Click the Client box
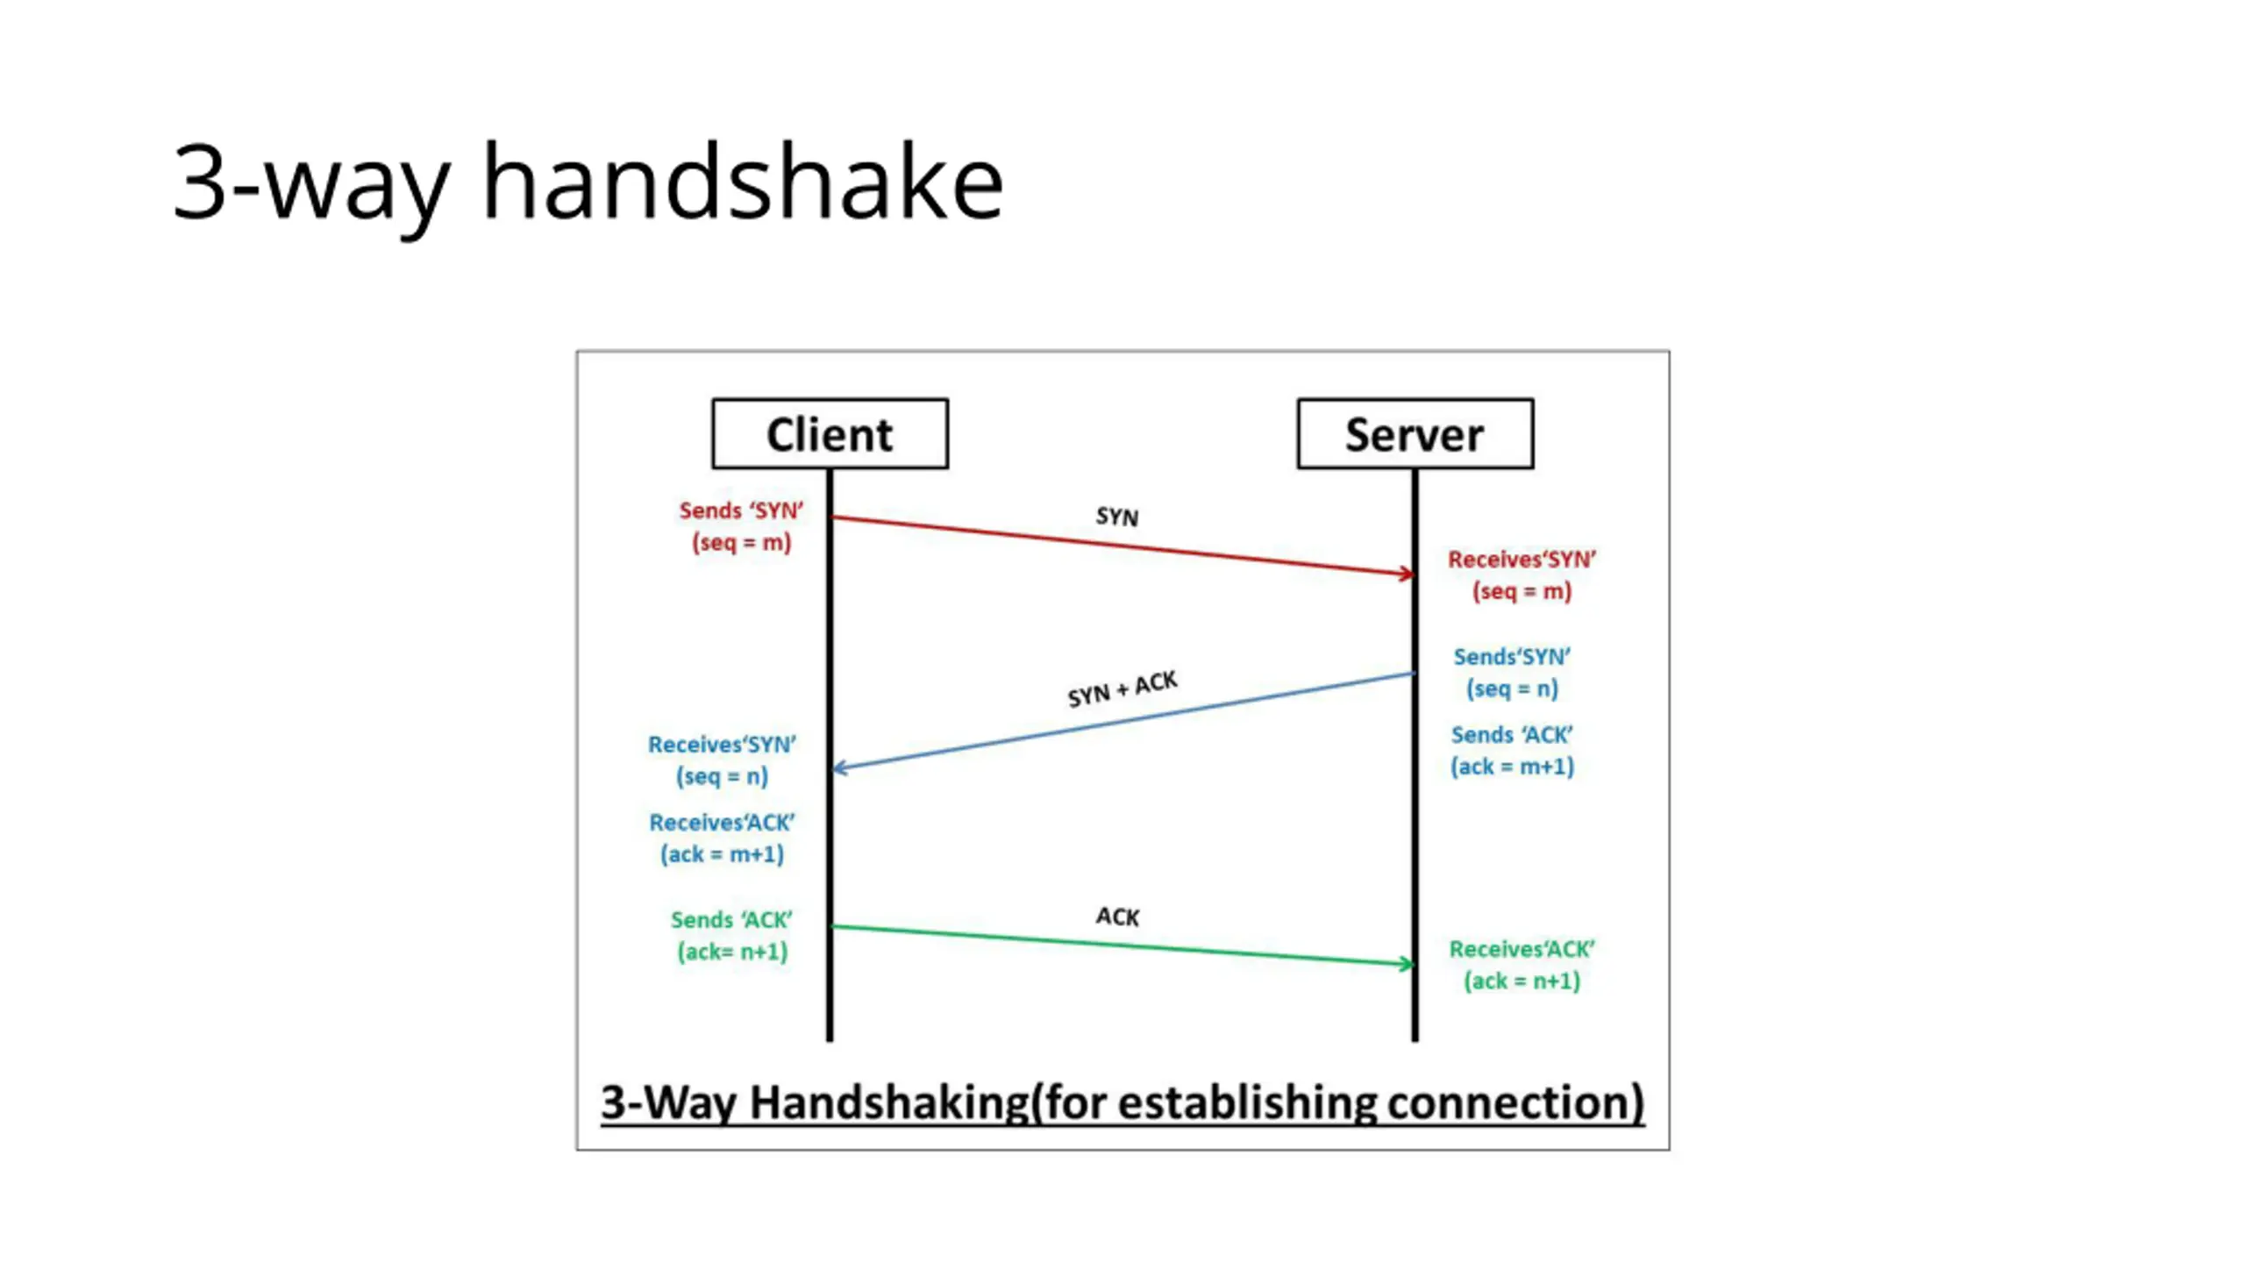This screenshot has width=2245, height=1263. [x=830, y=434]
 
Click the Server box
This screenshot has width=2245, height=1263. [x=1415, y=434]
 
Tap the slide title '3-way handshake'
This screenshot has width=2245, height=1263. [x=588, y=182]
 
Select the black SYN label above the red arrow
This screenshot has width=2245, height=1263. [x=1116, y=517]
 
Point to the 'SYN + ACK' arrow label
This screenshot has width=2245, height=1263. [x=1122, y=689]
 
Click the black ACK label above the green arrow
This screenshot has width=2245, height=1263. [x=1117, y=917]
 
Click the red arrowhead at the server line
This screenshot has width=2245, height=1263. [x=1407, y=574]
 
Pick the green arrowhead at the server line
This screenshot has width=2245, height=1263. [x=1407, y=964]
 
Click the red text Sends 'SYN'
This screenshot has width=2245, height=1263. [x=741, y=510]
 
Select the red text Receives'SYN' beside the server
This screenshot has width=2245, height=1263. [x=1522, y=560]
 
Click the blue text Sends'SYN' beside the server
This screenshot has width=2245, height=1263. [x=1512, y=657]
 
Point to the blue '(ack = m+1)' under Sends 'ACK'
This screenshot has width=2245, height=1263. [x=1512, y=767]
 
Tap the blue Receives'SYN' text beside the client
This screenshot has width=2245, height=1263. [x=722, y=745]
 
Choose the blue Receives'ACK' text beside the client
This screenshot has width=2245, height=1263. [x=722, y=823]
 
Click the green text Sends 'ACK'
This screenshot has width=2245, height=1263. [x=731, y=920]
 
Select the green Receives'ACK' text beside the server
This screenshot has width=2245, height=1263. [x=1522, y=949]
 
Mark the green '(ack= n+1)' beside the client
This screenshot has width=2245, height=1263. [x=732, y=952]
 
